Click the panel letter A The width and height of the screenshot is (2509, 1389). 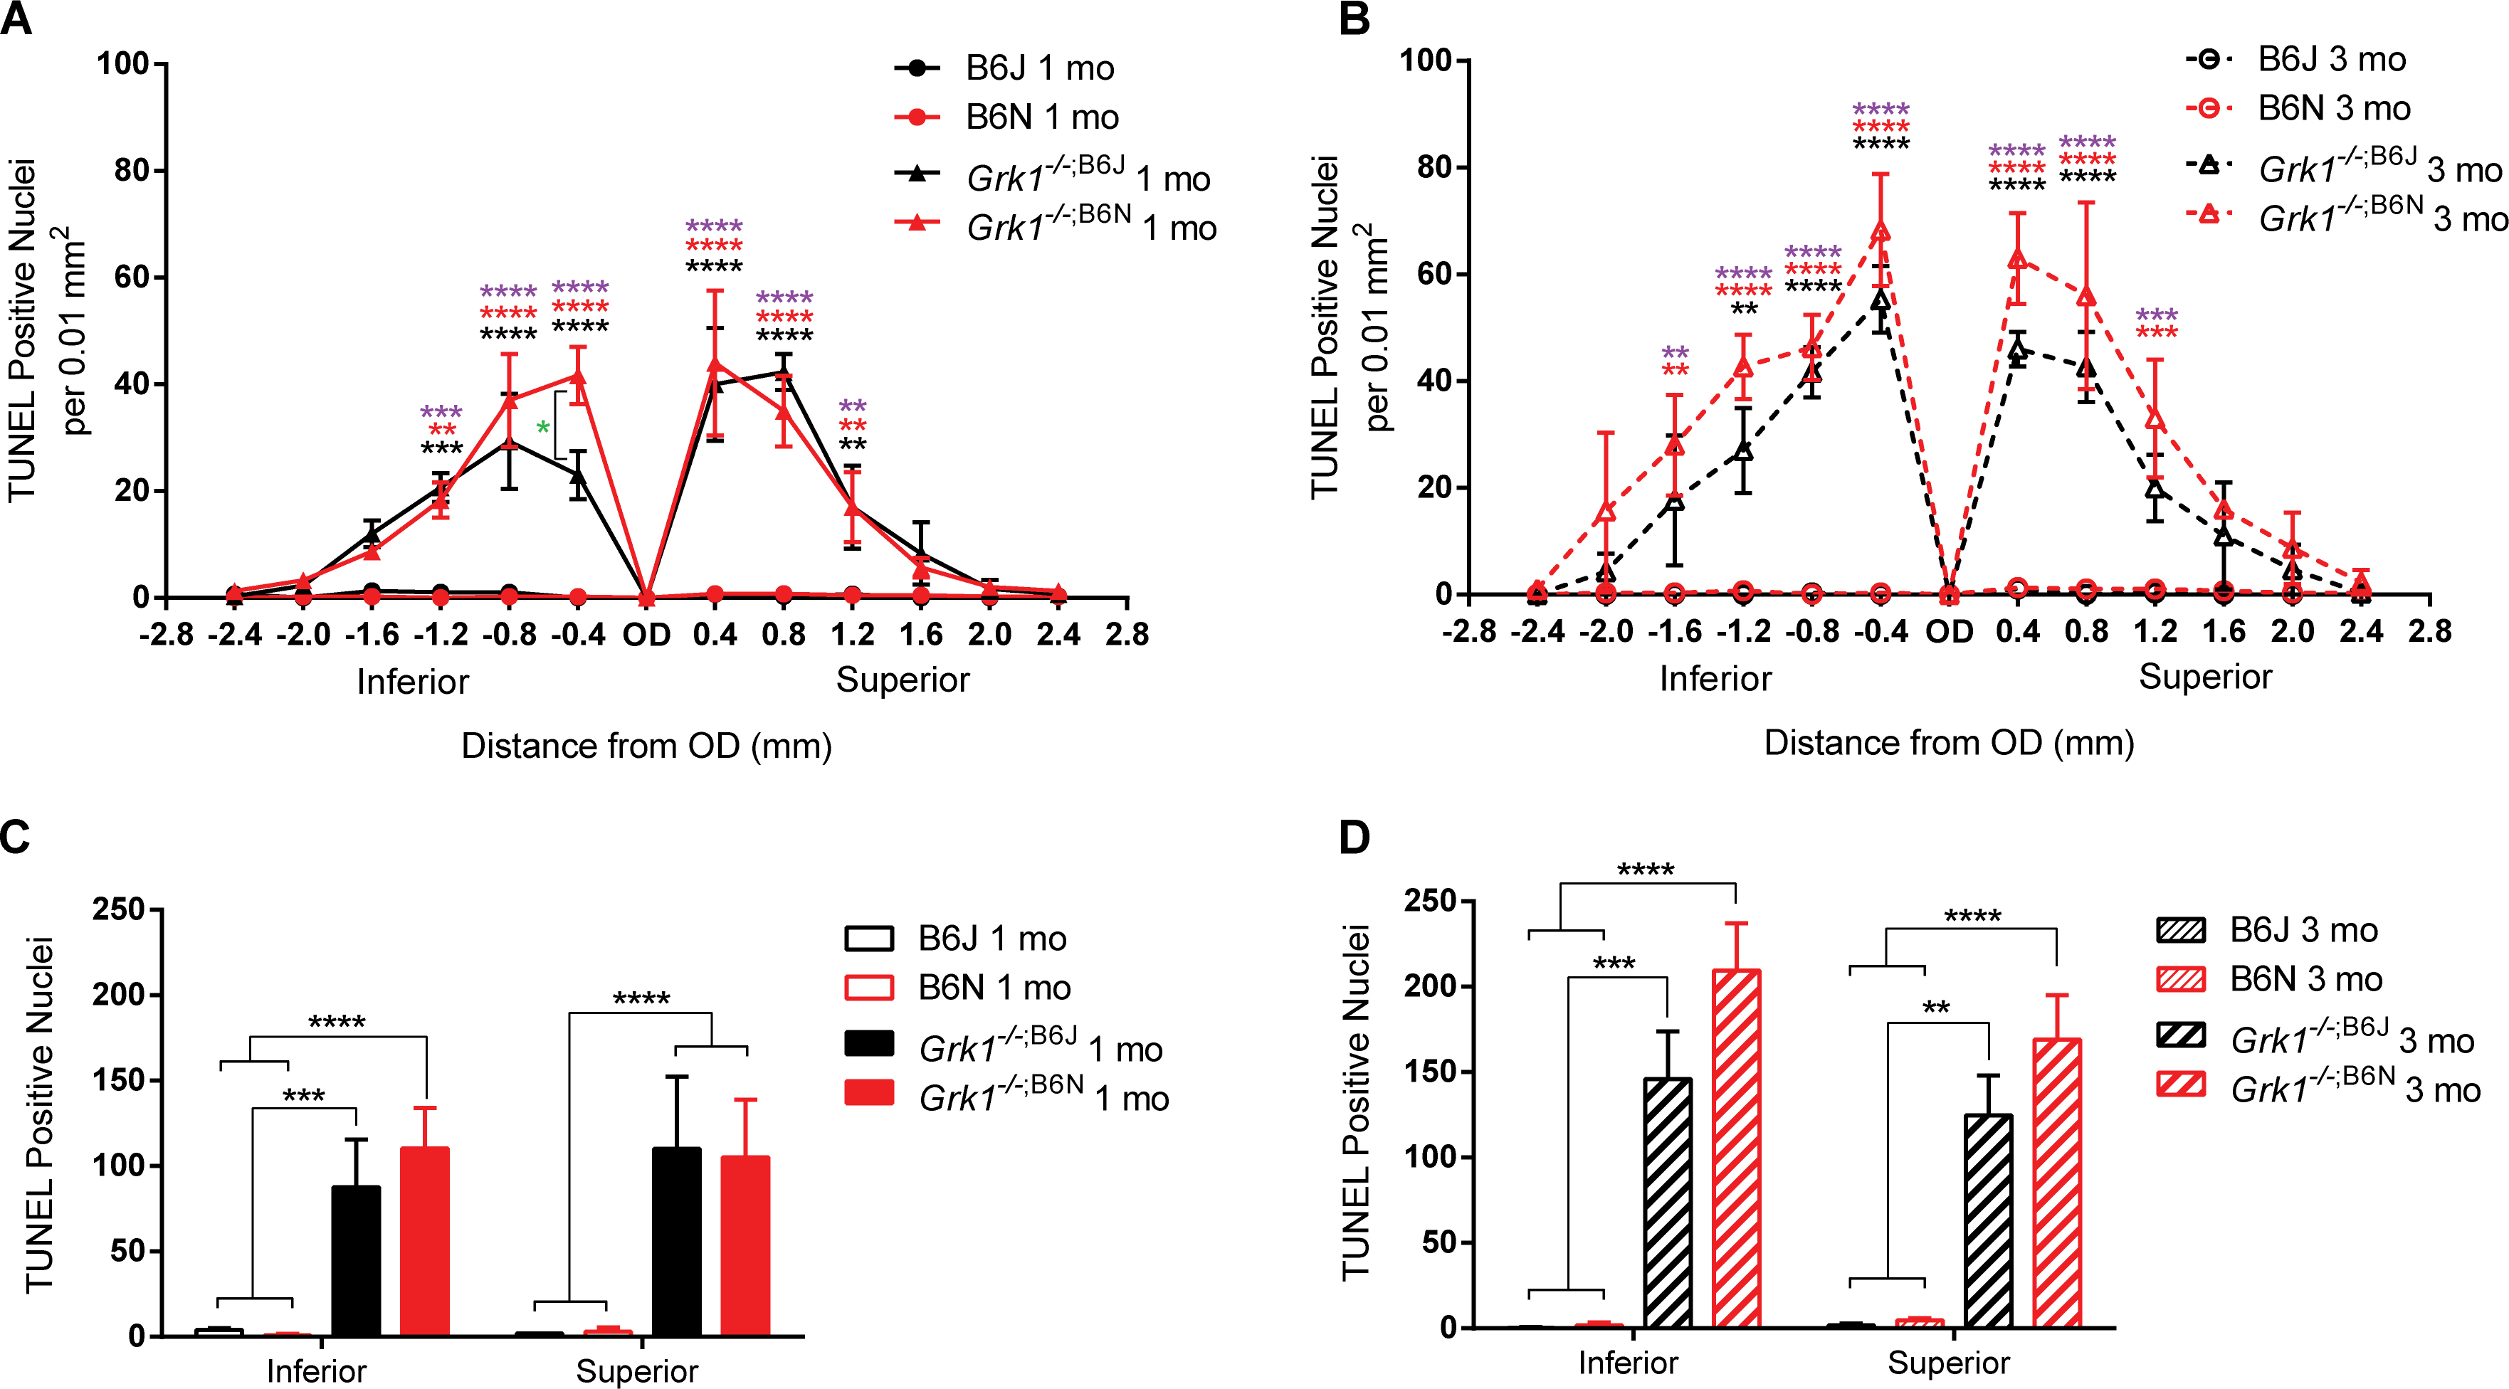[18, 19]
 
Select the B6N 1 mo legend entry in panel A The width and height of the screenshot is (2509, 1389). [1041, 118]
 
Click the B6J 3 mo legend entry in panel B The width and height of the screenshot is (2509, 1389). [2331, 60]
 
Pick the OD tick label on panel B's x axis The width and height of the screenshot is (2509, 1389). [1949, 632]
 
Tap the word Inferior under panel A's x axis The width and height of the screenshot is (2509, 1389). [413, 682]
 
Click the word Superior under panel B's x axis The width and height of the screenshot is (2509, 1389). [2205, 677]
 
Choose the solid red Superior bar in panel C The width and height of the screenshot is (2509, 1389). [745, 1246]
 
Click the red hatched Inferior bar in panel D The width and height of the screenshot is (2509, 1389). [1737, 1149]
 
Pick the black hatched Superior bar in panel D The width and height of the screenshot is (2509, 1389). [1988, 1222]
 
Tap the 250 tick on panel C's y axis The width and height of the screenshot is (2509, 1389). [118, 910]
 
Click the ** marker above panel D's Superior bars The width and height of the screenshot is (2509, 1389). [1936, 1007]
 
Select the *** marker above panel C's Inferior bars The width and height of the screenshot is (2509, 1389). [304, 1096]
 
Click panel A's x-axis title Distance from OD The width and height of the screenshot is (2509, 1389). [646, 746]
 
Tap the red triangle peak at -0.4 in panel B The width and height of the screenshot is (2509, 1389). [1881, 231]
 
